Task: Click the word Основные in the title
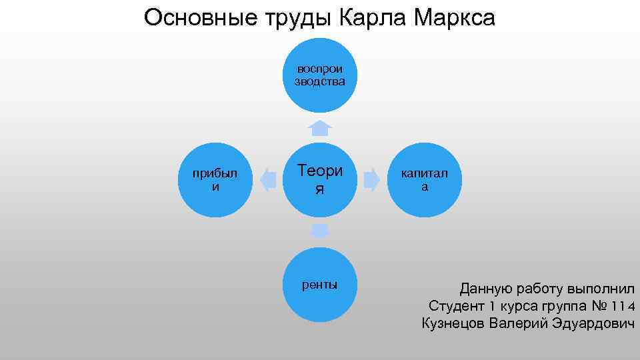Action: [x=193, y=17]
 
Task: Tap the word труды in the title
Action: [x=291, y=19]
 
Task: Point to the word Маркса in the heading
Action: [x=454, y=17]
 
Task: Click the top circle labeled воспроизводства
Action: [x=320, y=75]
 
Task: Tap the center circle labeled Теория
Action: [x=320, y=180]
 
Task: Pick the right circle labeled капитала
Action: [x=425, y=180]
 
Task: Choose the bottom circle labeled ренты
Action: [x=320, y=285]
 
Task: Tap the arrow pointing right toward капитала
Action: [x=372, y=180]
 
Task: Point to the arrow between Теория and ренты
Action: [x=320, y=231]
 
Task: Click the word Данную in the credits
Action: [x=485, y=289]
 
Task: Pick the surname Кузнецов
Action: [x=453, y=324]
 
